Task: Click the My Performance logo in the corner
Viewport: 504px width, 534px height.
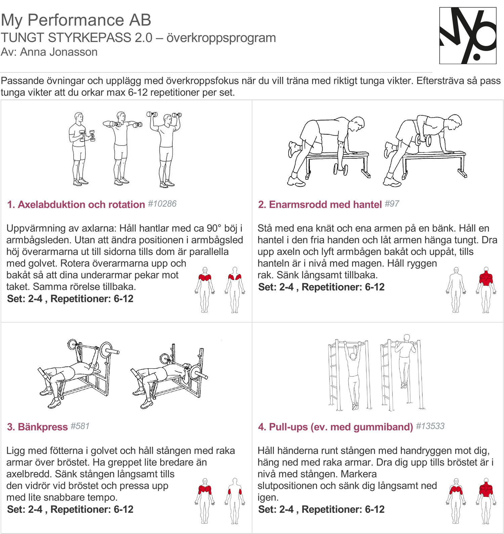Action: pyautogui.click(x=468, y=36)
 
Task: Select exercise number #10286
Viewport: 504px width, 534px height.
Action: pyautogui.click(x=162, y=204)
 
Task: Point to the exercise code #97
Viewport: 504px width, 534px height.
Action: pyautogui.click(x=392, y=204)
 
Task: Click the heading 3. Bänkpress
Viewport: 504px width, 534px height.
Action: pyautogui.click(x=37, y=427)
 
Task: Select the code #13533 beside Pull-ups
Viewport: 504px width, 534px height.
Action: pyautogui.click(x=430, y=426)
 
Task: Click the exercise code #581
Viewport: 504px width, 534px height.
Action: pyautogui.click(x=80, y=426)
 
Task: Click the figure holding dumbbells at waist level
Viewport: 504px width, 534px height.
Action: pyautogui.click(x=80, y=149)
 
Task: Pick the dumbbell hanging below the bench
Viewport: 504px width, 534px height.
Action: pyautogui.click(x=340, y=169)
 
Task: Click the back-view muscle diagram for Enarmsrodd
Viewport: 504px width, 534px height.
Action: pyautogui.click(x=486, y=290)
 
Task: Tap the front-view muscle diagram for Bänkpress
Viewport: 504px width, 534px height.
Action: pyautogui.click(x=205, y=501)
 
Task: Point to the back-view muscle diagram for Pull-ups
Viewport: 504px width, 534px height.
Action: pyautogui.click(x=486, y=501)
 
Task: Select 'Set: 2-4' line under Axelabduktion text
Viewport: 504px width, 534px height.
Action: pyautogui.click(x=70, y=299)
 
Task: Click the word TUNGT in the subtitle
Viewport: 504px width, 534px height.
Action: pyautogui.click(x=23, y=38)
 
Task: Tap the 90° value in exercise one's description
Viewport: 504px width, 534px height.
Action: pyautogui.click(x=214, y=228)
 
